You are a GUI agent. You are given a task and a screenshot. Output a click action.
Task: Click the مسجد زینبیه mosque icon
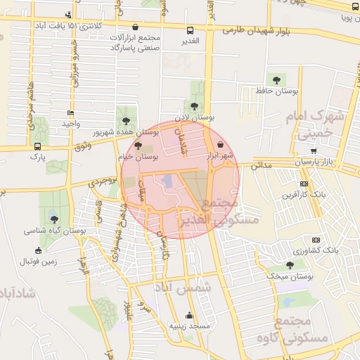click(188, 316)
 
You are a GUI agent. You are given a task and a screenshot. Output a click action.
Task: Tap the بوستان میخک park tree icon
click(290, 265)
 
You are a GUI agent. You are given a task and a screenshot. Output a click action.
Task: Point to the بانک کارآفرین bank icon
click(304, 184)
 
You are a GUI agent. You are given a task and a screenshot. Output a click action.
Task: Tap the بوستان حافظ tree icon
click(274, 80)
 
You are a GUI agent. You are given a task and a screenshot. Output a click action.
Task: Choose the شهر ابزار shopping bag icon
click(221, 144)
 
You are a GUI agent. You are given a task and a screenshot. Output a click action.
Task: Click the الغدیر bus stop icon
click(190, 30)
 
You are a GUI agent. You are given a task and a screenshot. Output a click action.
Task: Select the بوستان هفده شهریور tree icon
click(126, 122)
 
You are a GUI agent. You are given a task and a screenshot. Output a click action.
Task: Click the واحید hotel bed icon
click(69, 113)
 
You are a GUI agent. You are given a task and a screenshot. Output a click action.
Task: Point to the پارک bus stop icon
click(37, 146)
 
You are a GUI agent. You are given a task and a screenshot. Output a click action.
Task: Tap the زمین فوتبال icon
click(38, 251)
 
